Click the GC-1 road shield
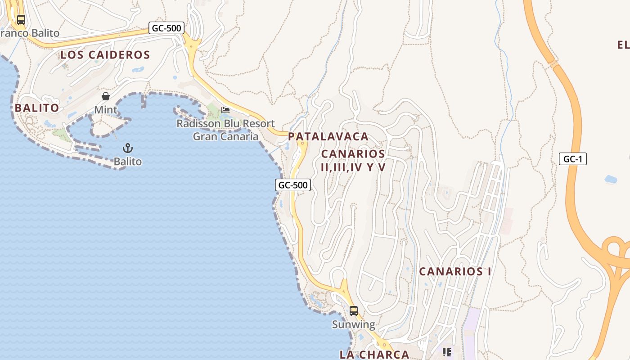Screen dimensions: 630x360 572,159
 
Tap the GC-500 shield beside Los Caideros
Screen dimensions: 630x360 166,28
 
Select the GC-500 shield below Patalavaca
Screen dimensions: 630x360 293,185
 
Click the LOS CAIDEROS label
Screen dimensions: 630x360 105,55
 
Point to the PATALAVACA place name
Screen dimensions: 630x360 328,136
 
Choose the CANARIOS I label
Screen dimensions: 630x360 455,271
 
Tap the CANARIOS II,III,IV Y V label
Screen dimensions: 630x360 353,160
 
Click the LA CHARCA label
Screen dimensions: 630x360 374,354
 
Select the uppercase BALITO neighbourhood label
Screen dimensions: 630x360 37,108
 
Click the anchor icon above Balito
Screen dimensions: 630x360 128,148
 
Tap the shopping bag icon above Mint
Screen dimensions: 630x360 106,96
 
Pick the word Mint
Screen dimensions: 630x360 106,110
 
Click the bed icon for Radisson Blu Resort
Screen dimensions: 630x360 225,110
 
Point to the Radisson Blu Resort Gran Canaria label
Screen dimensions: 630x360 225,130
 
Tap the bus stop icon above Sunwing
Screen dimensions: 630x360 354,311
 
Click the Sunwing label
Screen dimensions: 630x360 353,324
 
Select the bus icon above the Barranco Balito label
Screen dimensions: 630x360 21,20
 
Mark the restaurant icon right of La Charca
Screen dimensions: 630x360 447,352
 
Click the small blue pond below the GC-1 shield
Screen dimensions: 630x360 611,180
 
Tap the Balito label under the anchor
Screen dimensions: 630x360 128,162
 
